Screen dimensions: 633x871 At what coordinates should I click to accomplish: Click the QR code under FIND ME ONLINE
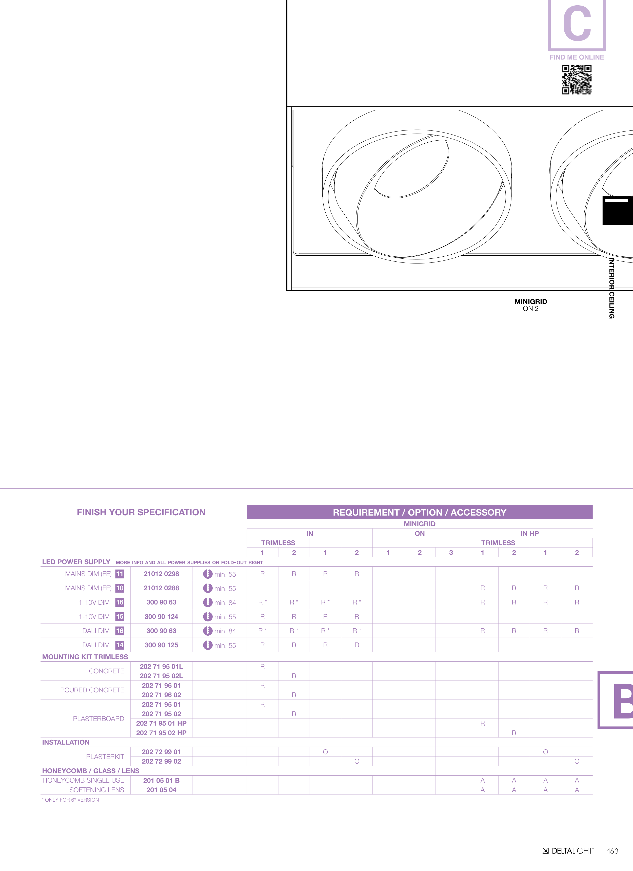point(577,80)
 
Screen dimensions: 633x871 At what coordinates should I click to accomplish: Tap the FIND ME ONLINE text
point(577,57)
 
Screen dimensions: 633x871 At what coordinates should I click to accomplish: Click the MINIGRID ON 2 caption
point(530,305)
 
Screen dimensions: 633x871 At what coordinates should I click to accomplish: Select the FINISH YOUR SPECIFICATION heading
point(141,512)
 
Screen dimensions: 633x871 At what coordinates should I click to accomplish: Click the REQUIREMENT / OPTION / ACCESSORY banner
point(420,512)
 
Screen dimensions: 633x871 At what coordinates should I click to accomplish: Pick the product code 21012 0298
point(161,574)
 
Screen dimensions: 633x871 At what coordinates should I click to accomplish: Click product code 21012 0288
point(161,588)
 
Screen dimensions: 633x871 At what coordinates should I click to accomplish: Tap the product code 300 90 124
point(161,616)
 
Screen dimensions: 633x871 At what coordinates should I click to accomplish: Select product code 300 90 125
point(161,645)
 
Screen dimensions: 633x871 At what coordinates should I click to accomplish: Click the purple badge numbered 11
point(120,574)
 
